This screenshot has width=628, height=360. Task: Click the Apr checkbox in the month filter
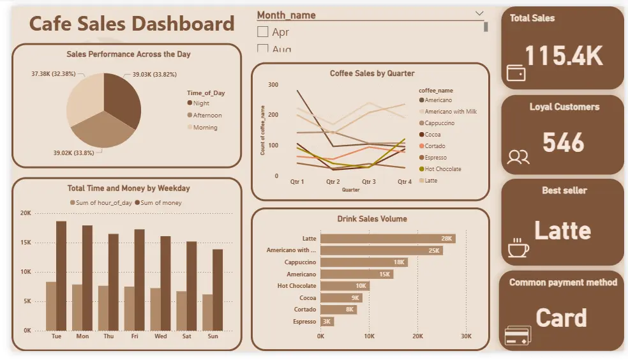[x=262, y=31]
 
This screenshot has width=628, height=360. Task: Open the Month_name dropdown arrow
[x=479, y=13]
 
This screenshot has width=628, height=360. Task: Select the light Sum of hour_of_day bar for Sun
[x=207, y=312]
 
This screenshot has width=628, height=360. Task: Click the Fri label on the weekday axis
[x=134, y=336]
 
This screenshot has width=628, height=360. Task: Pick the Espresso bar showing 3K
[x=327, y=322]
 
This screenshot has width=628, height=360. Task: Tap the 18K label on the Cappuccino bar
[x=399, y=262]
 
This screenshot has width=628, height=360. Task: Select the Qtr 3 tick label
[x=369, y=182]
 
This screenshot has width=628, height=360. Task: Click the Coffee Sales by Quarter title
[x=371, y=73]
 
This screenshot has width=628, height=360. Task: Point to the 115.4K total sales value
[x=564, y=56]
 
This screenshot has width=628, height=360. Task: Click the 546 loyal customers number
[x=563, y=143]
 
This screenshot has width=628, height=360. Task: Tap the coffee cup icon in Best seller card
[x=518, y=248]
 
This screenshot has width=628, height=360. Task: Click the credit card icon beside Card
[x=518, y=336]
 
